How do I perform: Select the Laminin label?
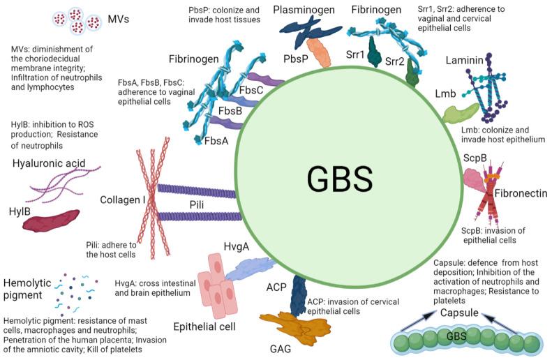(x=464, y=63)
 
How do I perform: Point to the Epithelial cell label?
(x=204, y=326)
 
